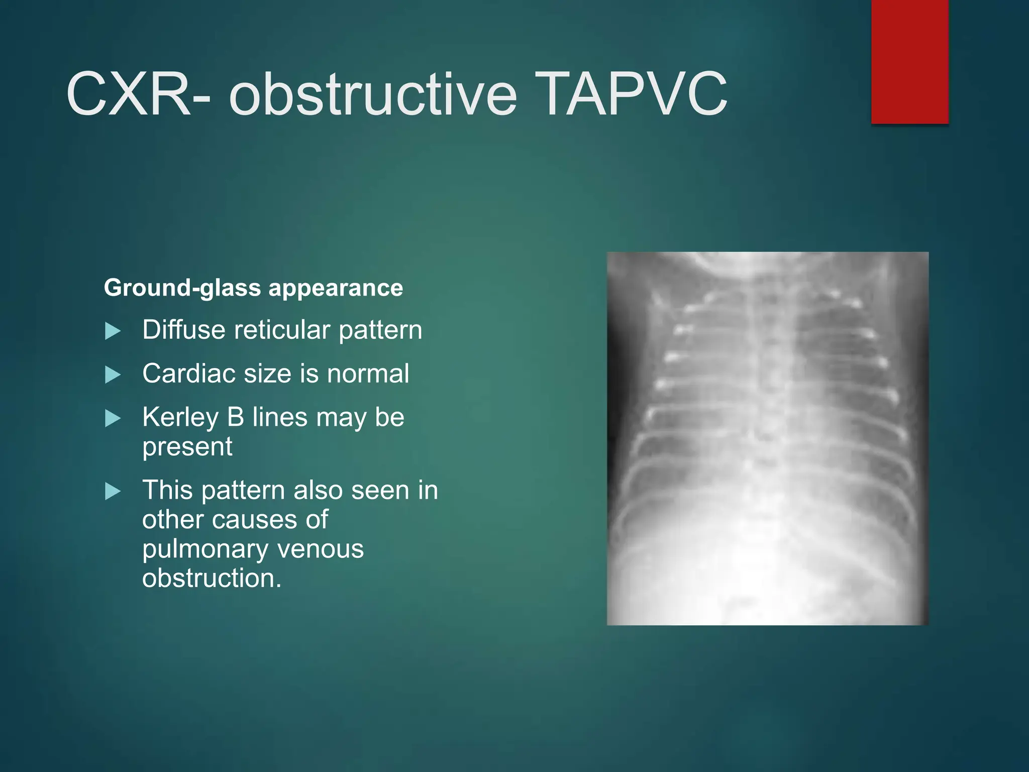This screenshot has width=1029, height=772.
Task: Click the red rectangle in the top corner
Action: coord(909,61)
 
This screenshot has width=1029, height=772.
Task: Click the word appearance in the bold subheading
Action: coord(336,288)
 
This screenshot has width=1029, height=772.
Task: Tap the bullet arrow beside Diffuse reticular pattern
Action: coord(113,331)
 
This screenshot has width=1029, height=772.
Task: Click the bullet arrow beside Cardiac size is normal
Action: coord(113,375)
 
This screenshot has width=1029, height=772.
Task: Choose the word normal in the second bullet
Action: coord(368,374)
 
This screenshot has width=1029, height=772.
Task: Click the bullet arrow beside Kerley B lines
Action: coord(113,418)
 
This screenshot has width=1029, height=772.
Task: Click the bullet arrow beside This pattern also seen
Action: coord(113,492)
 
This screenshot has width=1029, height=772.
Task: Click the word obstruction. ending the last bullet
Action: coord(212,578)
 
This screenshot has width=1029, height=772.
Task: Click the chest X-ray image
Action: coord(767,438)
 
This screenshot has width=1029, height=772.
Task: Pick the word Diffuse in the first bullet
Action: coord(184,330)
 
